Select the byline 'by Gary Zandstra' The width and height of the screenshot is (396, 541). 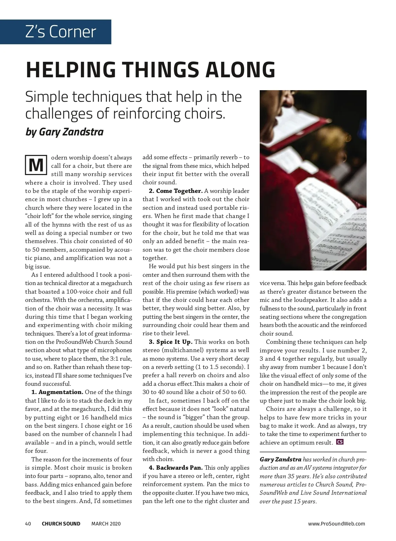click(65, 132)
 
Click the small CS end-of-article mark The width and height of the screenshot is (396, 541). click(340, 442)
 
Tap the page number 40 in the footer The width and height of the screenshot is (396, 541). click(28, 523)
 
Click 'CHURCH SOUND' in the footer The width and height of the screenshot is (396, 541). click(61, 523)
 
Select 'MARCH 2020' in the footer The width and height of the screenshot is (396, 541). click(106, 523)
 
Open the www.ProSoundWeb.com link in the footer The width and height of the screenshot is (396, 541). click(337, 523)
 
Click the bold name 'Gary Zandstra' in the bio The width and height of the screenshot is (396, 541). click(280, 459)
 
